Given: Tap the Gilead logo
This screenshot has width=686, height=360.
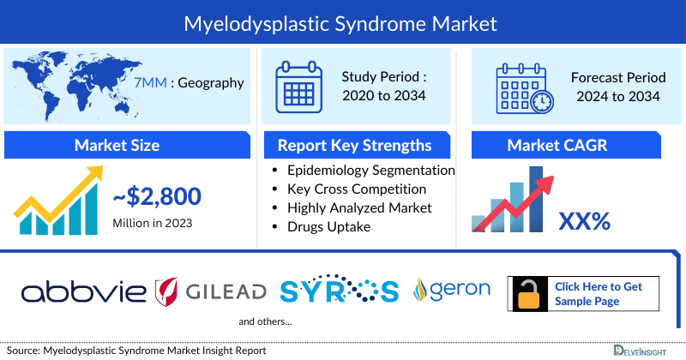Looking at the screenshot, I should point(210,291).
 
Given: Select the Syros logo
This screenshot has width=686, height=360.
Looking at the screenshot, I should point(339,291).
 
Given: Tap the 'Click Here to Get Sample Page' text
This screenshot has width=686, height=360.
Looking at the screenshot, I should point(598,294).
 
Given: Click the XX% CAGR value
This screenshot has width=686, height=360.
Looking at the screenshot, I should point(584,222).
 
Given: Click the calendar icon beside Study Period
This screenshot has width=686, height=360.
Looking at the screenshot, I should point(299,86).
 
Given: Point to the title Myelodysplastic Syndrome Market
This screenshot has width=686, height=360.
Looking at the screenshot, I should point(341,22).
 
